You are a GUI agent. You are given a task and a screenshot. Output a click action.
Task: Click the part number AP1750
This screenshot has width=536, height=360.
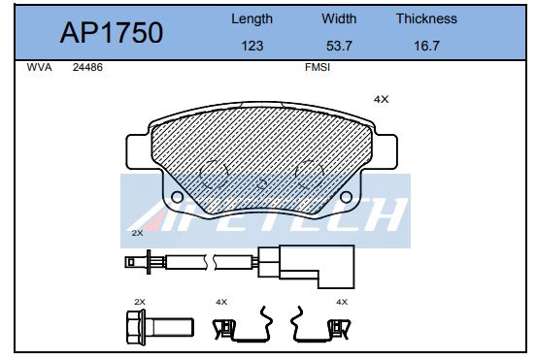[112, 32]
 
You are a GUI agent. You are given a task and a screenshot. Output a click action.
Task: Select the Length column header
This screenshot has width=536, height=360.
[251, 19]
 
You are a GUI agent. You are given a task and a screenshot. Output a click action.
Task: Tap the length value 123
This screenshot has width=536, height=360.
[252, 46]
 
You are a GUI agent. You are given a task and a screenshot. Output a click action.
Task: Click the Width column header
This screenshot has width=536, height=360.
[339, 18]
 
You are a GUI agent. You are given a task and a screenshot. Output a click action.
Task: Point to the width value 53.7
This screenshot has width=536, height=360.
[339, 46]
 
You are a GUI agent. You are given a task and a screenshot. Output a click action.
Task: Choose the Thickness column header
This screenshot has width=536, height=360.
[426, 18]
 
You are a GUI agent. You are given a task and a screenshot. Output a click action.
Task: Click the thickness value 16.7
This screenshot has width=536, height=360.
[426, 46]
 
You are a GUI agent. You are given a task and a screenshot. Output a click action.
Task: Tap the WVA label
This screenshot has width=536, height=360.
[39, 67]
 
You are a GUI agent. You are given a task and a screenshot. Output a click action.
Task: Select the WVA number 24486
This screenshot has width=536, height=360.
[87, 67]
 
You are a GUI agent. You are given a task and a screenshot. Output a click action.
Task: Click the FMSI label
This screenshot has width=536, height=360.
[318, 67]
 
